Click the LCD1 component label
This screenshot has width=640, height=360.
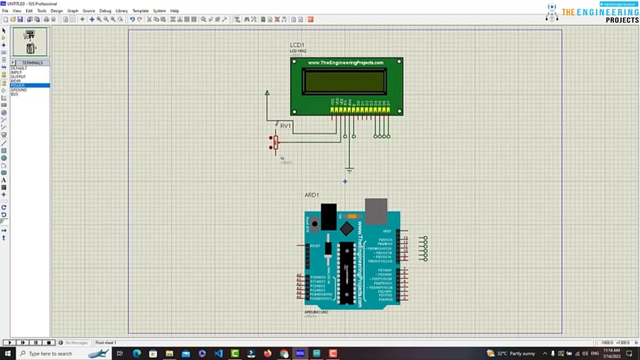[297, 45]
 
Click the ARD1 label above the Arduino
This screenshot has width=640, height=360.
[311, 195]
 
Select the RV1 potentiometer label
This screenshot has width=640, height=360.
[285, 126]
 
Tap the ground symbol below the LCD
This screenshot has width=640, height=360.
[349, 170]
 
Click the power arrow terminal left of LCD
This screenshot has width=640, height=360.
[267, 93]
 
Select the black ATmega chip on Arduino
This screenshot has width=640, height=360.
[346, 272]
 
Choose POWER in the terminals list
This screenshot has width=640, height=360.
[18, 85]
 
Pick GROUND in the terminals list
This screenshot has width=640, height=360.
[19, 90]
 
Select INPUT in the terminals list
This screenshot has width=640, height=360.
[16, 72]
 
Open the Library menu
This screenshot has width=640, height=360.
[121, 10]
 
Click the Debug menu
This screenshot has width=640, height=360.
[105, 10]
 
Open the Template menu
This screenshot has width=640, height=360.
[140, 10]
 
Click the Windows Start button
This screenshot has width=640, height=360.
[7, 353]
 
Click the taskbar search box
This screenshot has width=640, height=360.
[50, 353]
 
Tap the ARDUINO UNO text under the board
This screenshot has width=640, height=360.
[316, 312]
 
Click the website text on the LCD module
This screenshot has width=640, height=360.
[345, 62]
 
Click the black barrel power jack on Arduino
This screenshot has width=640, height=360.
[328, 216]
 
